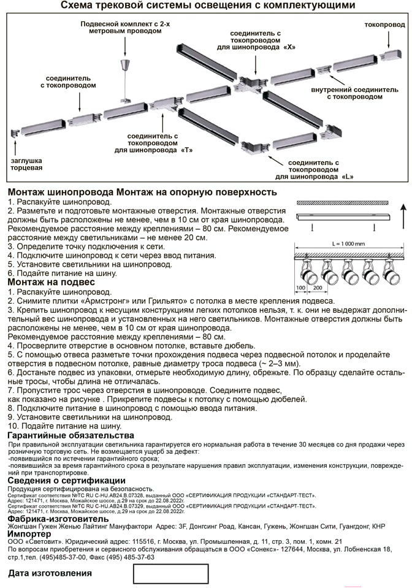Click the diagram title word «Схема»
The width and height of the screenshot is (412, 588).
point(77,6)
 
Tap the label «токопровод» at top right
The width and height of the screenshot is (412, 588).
point(384,25)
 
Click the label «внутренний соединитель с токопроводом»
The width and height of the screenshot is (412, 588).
point(354,93)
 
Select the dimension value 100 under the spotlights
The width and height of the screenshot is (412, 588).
point(300,287)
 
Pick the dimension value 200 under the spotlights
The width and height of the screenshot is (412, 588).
point(317,287)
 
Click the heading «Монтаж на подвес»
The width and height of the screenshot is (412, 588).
point(51,282)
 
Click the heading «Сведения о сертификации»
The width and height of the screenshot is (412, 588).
point(67,480)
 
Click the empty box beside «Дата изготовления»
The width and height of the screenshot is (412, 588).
point(171,573)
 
